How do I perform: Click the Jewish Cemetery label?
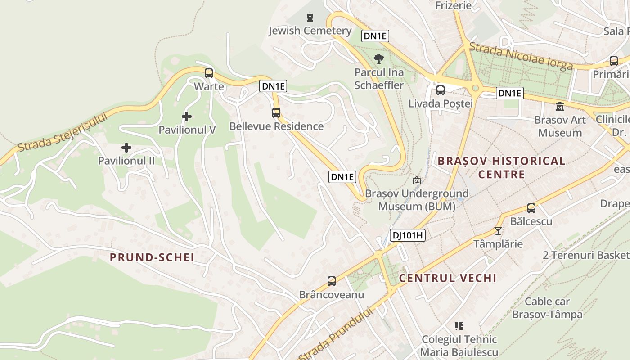click(x=310, y=31)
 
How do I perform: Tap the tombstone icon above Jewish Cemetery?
click(x=310, y=18)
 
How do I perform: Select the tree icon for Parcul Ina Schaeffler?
click(x=379, y=58)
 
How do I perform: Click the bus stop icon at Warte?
click(x=209, y=73)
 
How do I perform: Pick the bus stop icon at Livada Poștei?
click(x=441, y=90)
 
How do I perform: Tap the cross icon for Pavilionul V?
click(x=187, y=117)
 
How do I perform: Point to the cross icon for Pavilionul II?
click(x=126, y=148)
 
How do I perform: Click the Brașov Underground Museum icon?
click(x=417, y=180)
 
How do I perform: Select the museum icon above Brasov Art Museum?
click(x=560, y=107)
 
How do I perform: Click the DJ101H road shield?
click(x=407, y=235)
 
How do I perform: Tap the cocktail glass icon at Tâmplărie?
click(x=498, y=231)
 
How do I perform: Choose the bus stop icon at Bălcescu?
click(x=531, y=208)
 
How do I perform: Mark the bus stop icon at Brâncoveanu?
click(x=332, y=281)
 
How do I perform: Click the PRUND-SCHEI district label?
click(x=152, y=257)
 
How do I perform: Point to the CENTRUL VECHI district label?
click(x=448, y=278)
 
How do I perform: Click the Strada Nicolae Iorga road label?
click(x=521, y=56)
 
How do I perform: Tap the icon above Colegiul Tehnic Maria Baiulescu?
click(x=459, y=326)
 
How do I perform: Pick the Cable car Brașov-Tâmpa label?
click(x=547, y=308)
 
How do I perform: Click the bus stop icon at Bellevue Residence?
click(x=276, y=113)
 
